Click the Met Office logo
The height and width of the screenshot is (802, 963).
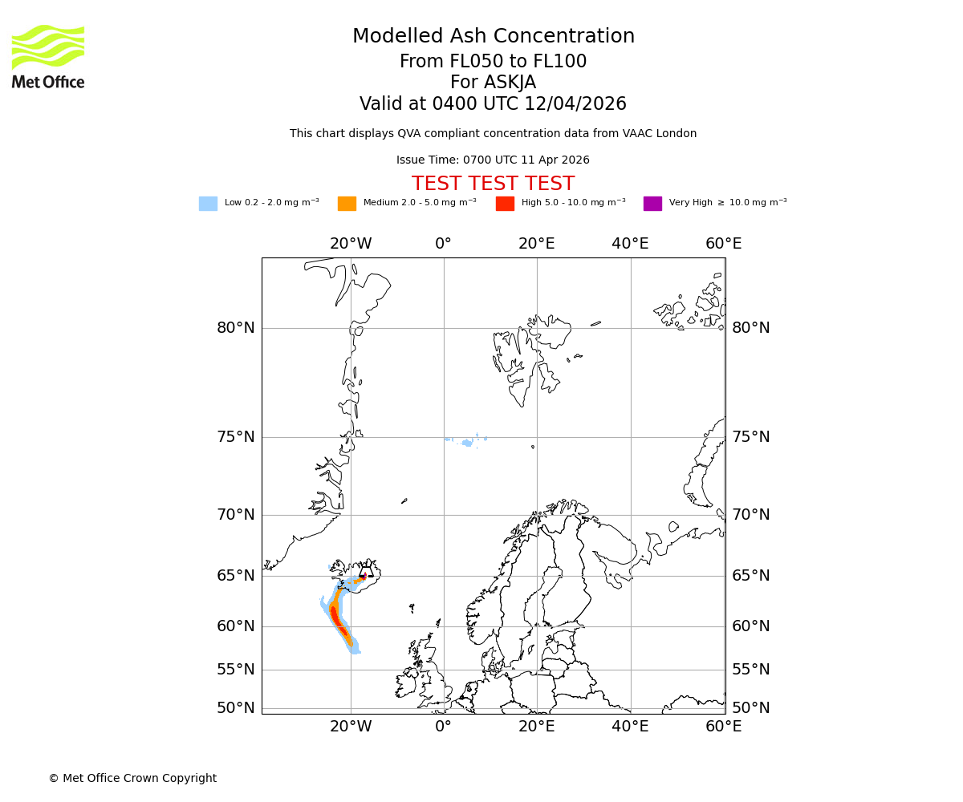tap(48, 56)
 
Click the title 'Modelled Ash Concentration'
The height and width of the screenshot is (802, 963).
tap(493, 37)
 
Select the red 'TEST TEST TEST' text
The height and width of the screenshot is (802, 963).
tap(493, 184)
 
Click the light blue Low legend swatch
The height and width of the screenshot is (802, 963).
tap(208, 204)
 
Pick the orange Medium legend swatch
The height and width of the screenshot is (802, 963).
tap(347, 204)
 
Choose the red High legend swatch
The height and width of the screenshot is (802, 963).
tap(505, 204)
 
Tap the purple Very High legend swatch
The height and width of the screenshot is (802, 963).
tap(652, 204)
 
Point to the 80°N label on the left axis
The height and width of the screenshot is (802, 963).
tap(236, 328)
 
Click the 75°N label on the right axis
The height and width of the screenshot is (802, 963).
tap(750, 437)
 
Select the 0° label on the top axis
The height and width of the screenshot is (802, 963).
tap(443, 244)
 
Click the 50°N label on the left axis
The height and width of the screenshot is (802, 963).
tap(236, 708)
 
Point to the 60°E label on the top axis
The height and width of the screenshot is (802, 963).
tap(723, 244)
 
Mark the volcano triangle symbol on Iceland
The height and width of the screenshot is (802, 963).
tap(366, 572)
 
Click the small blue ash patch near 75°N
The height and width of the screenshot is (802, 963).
tap(466, 441)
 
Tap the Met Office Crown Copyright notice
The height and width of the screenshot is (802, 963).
tap(132, 778)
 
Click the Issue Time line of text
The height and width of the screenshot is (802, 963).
tap(493, 160)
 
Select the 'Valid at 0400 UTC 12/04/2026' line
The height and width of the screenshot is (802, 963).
tap(493, 104)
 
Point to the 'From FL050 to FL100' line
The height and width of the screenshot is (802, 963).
tap(493, 62)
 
